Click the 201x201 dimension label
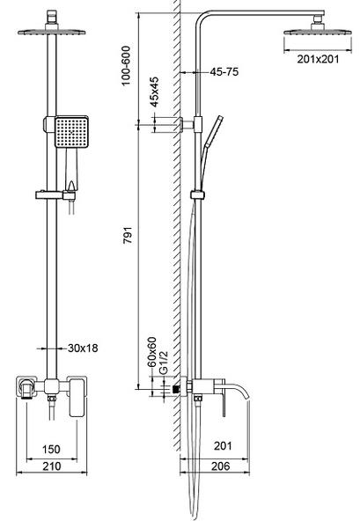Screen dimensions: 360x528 pyautogui.click(x=318, y=59)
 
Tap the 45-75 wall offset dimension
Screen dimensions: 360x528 pyautogui.click(x=224, y=72)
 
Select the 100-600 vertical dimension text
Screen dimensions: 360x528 pyautogui.click(x=126, y=66)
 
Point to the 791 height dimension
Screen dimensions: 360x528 pyautogui.click(x=128, y=235)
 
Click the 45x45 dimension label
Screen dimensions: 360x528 pyautogui.click(x=154, y=92)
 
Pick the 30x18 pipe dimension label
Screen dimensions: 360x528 pyautogui.click(x=83, y=348)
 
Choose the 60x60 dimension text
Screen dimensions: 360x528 pyautogui.click(x=152, y=352)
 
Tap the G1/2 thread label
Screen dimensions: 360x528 pyautogui.click(x=163, y=363)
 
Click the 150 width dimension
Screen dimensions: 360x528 pyautogui.click(x=51, y=449)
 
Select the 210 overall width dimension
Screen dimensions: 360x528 pyautogui.click(x=52, y=466)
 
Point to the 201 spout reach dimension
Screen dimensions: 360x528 pyautogui.click(x=223, y=446)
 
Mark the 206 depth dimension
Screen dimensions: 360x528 pyautogui.click(x=221, y=466)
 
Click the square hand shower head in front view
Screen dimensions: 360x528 pyautogui.click(x=71, y=132)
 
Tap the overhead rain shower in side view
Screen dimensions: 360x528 pyautogui.click(x=318, y=29)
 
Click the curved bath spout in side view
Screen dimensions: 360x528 pyautogui.click(x=239, y=390)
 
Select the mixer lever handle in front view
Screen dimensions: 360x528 pyautogui.click(x=77, y=398)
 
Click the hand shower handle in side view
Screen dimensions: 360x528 pyautogui.click(x=213, y=130)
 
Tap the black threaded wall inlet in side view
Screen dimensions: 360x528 pyautogui.click(x=175, y=389)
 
